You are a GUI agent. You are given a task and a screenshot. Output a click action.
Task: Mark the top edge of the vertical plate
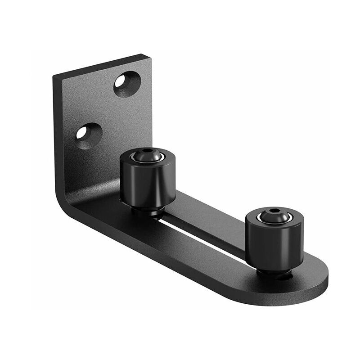pos(101,67)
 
